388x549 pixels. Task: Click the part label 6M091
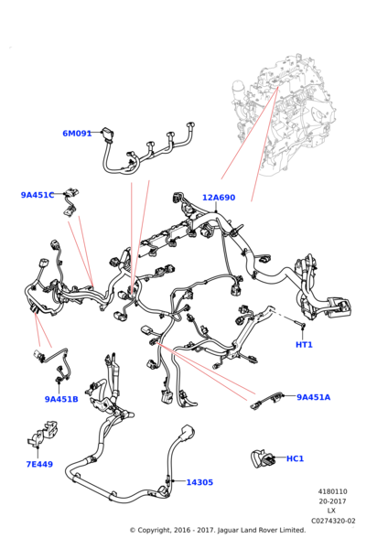(77, 134)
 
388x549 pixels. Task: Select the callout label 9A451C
(38, 195)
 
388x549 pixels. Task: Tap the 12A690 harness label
(219, 198)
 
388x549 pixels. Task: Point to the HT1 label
(304, 345)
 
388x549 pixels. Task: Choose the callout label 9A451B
(61, 399)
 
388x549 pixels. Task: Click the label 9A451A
(313, 397)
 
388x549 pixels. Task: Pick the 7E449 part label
(39, 464)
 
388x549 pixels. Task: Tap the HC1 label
(295, 458)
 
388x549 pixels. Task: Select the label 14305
(199, 482)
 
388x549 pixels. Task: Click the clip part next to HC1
(263, 459)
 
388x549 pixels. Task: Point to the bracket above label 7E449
(42, 434)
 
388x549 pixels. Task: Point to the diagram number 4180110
(333, 491)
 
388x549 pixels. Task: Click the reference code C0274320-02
(333, 521)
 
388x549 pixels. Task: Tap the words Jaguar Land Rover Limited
(262, 531)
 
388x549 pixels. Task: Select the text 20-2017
(332, 501)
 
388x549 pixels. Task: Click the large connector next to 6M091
(107, 135)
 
